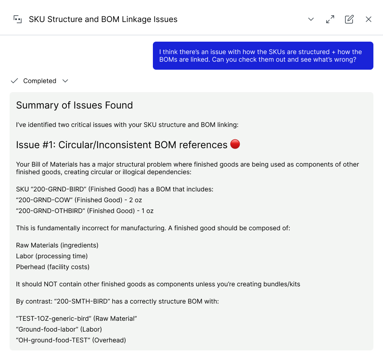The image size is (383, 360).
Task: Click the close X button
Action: coord(369,19)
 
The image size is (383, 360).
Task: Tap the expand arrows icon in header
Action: coord(330,19)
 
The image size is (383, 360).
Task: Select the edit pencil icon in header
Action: coord(349,19)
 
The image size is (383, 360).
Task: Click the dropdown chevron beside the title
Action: coord(311,19)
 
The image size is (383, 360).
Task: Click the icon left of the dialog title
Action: coord(18,19)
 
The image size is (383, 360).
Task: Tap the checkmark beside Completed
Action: coord(14,81)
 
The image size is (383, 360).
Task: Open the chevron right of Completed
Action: coord(65,81)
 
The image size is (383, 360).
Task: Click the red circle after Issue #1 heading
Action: coord(235,144)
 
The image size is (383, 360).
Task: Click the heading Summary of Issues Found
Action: coord(74,105)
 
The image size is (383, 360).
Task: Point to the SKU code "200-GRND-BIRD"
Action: coord(53,189)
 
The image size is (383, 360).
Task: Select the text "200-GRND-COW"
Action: coord(44,200)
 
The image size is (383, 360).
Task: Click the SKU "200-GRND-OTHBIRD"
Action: coord(50,211)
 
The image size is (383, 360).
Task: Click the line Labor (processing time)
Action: coord(52,256)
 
